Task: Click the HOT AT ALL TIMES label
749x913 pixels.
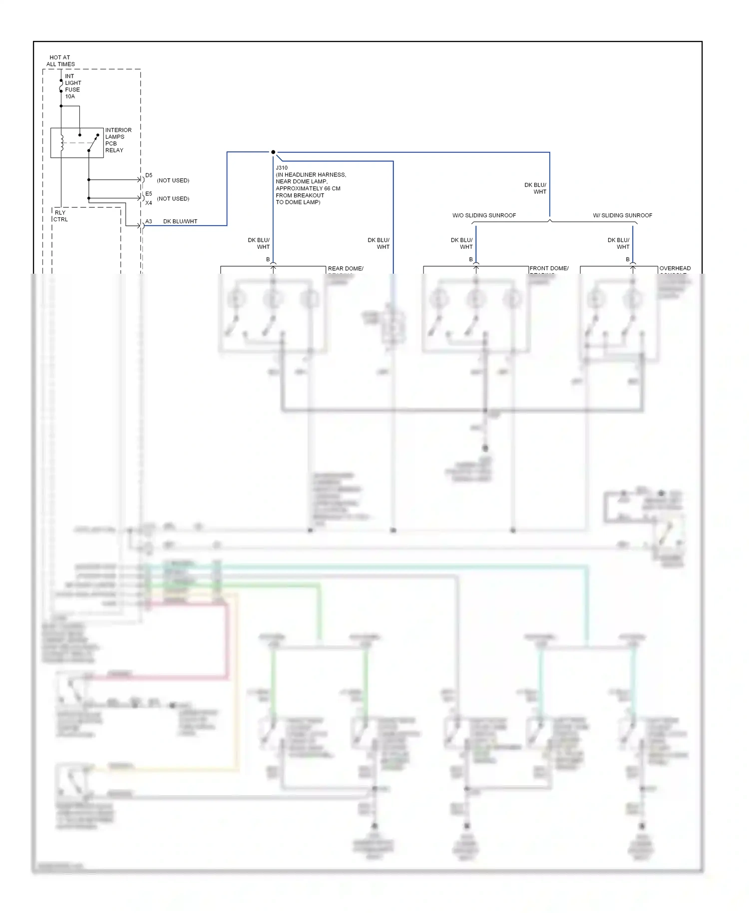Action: (x=60, y=61)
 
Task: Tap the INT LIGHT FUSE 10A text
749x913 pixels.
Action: (x=72, y=86)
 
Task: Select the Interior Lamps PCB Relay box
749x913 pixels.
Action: (x=77, y=143)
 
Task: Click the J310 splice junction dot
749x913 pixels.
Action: (x=273, y=152)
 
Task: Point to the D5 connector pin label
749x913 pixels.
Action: (x=149, y=175)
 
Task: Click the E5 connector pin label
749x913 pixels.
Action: (x=149, y=194)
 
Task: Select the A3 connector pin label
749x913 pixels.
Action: (x=149, y=221)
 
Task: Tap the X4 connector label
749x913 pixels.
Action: (x=149, y=203)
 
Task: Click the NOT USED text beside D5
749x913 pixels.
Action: (x=173, y=180)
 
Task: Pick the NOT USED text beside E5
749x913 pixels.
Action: (x=173, y=199)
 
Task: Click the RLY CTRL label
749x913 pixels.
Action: (x=60, y=216)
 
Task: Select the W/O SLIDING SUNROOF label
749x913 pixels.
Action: (x=484, y=215)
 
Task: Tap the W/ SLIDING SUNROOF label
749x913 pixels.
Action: (x=622, y=215)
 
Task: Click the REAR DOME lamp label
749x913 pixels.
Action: (x=345, y=269)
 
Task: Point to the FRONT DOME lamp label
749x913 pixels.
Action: (x=549, y=268)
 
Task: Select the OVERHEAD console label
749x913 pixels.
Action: (x=675, y=268)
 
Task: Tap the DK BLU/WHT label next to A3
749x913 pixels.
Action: (x=180, y=221)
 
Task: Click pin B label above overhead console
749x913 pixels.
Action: (x=628, y=259)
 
